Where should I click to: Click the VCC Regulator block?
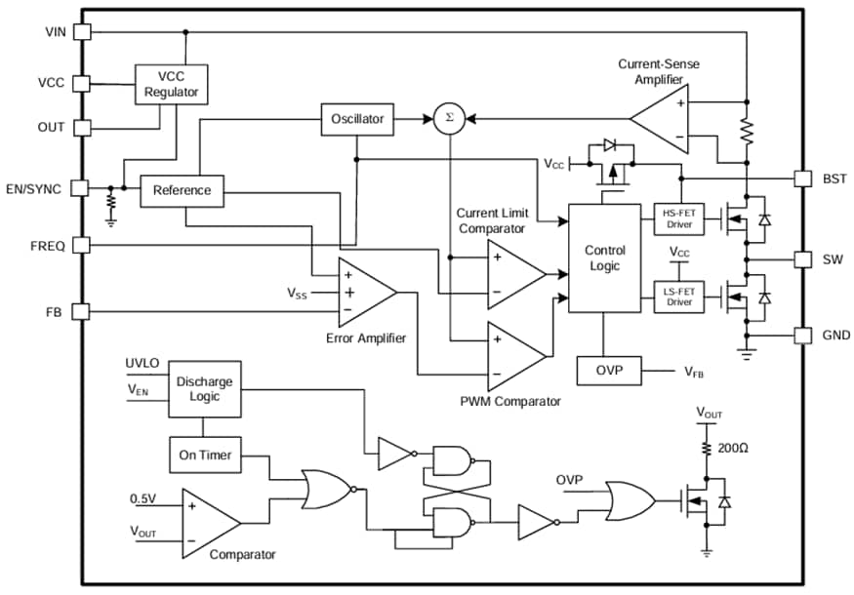[171, 84]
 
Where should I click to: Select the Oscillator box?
[357, 119]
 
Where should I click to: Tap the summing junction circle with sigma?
[449, 119]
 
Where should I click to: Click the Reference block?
[182, 190]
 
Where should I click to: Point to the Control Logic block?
[604, 258]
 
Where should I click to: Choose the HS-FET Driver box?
[678, 219]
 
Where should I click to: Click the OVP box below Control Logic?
[604, 371]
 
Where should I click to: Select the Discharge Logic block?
[205, 388]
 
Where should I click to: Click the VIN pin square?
[82, 31]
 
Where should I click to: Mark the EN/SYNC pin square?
[82, 187]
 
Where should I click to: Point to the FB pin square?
[82, 311]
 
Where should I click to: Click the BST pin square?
[801, 178]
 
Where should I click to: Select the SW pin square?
[801, 259]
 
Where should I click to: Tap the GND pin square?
[801, 335]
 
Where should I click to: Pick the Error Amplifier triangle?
[363, 292]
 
